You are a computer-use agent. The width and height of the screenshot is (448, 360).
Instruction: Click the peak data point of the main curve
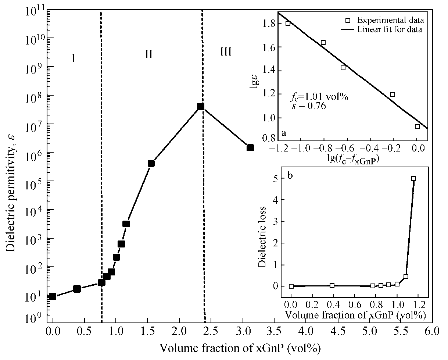201,106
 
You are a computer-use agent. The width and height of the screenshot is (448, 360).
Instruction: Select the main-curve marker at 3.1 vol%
250,147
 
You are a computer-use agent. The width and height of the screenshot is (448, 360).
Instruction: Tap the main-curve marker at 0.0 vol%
53,296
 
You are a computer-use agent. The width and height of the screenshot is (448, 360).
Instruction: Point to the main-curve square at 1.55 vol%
151,163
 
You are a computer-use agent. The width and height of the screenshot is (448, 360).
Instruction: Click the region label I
74,58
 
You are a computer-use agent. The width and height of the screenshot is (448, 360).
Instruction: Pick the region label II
148,55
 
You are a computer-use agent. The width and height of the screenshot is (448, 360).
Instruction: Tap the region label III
226,52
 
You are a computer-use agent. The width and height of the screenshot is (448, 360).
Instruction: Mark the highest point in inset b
413,179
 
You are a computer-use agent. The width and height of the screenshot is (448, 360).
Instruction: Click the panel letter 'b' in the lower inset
290,175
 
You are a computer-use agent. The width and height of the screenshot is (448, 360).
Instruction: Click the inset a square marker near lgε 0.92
417,126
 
